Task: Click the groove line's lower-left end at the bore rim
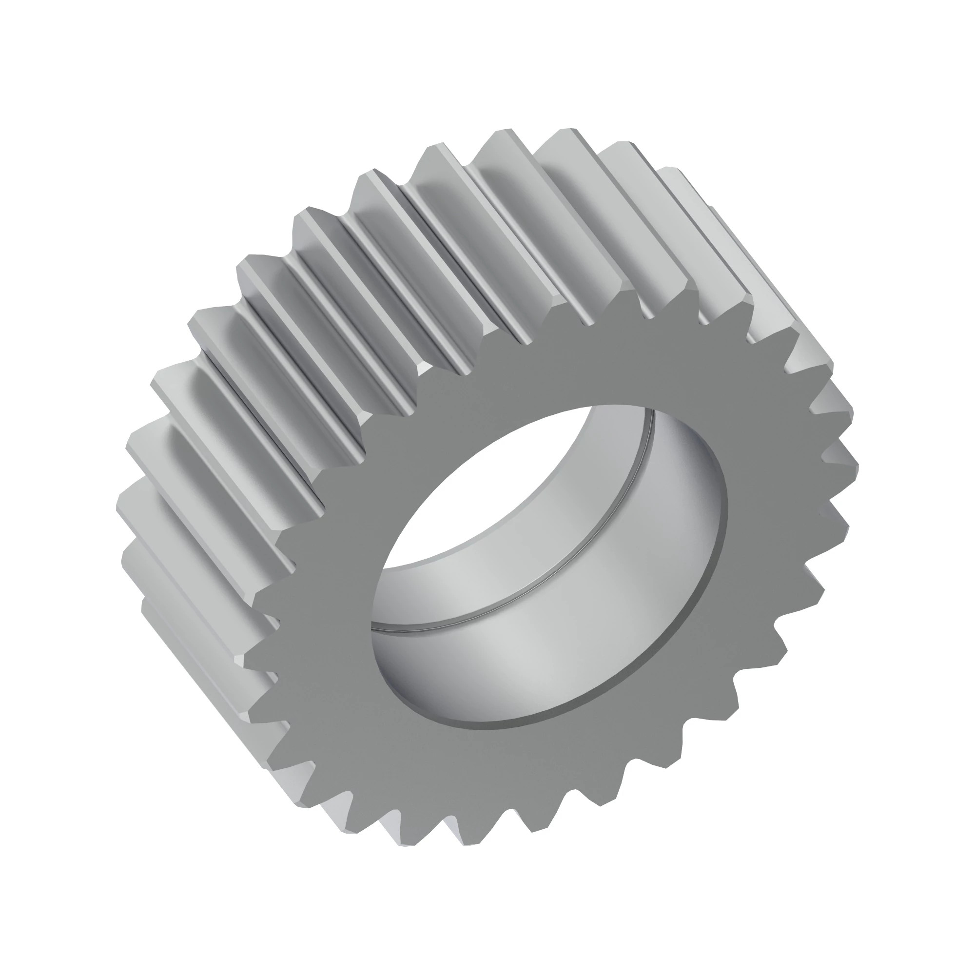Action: [373, 627]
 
